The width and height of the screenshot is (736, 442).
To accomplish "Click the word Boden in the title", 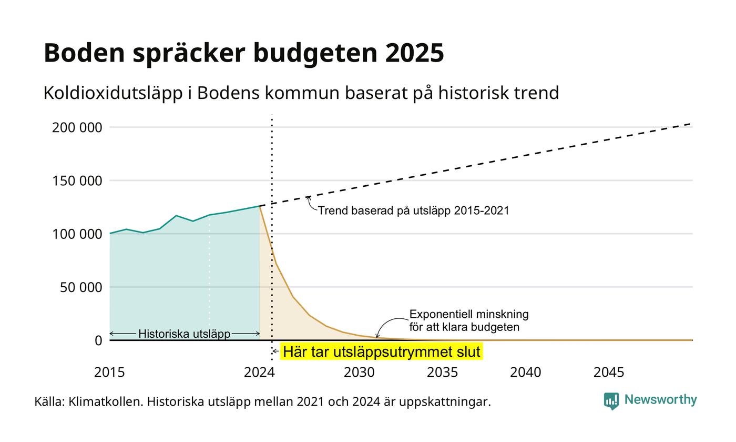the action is coord(85,53).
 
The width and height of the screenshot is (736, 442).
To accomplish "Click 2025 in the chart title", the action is coord(414,53).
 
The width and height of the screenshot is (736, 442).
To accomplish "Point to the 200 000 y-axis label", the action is coord(77,127).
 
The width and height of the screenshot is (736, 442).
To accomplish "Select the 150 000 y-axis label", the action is coord(77,181).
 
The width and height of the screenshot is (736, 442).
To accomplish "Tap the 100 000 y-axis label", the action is coord(77,234).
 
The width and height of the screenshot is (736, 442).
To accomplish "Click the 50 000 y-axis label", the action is coord(81,287).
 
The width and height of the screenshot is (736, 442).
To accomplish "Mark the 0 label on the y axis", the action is coord(98,341).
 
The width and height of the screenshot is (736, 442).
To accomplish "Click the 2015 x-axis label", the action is coord(109,373).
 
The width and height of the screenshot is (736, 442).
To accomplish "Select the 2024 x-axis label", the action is coord(259,373).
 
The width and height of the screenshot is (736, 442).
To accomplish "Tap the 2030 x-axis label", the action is coord(359,373).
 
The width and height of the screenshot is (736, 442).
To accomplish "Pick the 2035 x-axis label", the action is coord(442,373).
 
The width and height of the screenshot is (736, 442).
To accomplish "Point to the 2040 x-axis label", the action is coord(525,373).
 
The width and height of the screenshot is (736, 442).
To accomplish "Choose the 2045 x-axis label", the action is coord(609,373).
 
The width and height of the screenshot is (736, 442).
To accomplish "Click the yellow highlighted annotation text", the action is coord(382,351).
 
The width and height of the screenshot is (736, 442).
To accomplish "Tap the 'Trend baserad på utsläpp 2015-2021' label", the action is coord(414,210).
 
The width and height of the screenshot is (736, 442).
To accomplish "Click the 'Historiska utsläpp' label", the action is coord(185,334).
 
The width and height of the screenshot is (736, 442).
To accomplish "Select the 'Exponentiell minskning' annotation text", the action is coord(469,315).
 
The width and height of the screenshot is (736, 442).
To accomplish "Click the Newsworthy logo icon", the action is coord(611,401).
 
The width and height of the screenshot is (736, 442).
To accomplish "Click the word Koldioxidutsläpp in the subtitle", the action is coord(113,93).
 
